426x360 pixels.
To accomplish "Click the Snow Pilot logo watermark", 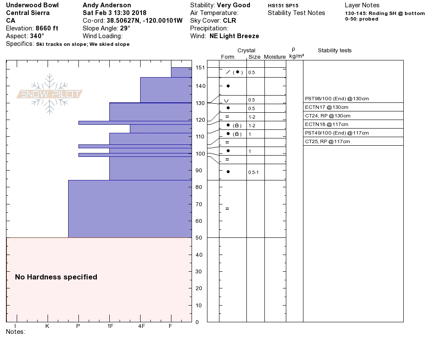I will pyautogui.click(x=50, y=94).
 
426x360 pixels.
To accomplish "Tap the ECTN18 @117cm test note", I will pyautogui.click(x=327, y=124).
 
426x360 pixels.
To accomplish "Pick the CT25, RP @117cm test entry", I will pyautogui.click(x=327, y=141).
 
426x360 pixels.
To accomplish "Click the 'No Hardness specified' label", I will pyautogui.click(x=56, y=277).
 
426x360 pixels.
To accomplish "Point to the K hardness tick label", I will pyautogui.click(x=47, y=326).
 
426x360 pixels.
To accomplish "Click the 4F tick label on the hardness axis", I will pyautogui.click(x=141, y=326).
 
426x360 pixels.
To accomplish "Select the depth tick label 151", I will pyautogui.click(x=200, y=68).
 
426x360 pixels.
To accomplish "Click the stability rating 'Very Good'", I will pyautogui.click(x=234, y=5).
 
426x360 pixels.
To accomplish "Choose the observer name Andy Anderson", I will pyautogui.click(x=107, y=5).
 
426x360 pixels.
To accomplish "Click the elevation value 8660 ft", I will pyautogui.click(x=47, y=28).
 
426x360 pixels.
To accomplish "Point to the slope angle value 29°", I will pyautogui.click(x=125, y=28).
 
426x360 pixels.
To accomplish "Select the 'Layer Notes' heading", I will pyautogui.click(x=362, y=5).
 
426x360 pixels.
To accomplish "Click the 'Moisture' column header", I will pyautogui.click(x=275, y=57).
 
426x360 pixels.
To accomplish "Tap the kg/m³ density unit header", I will pyautogui.click(x=297, y=56).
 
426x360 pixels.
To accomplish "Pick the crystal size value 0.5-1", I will pyautogui.click(x=254, y=172).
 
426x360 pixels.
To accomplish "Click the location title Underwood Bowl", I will pyautogui.click(x=33, y=5).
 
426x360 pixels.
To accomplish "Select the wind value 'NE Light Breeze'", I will pyautogui.click(x=234, y=36).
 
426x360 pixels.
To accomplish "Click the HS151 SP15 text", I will pyautogui.click(x=283, y=6).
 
